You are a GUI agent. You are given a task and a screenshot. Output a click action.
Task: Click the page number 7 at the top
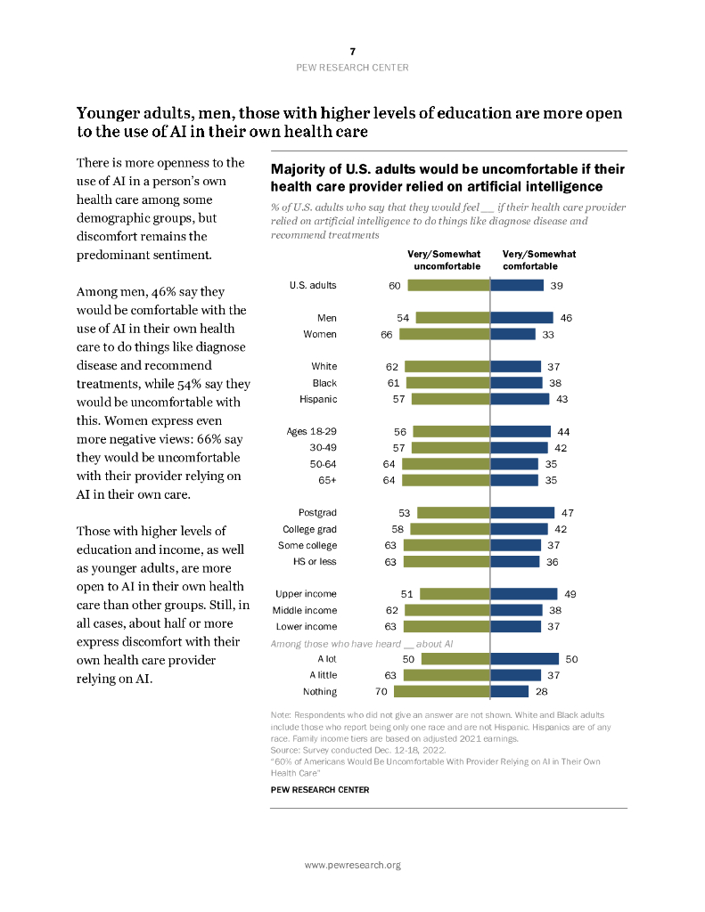(x=352, y=53)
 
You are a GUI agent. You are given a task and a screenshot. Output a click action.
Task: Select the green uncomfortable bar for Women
(x=444, y=334)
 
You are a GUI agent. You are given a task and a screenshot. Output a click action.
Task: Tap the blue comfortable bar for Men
(x=521, y=317)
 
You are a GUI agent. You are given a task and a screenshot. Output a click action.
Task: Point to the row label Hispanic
(x=318, y=399)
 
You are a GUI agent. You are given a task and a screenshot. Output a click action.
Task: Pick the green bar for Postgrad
(x=454, y=513)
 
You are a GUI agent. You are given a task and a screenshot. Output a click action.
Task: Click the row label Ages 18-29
(x=311, y=432)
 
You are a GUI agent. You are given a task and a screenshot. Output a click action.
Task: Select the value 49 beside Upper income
(x=570, y=594)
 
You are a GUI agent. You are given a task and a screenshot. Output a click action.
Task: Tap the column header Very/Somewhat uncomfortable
(x=444, y=260)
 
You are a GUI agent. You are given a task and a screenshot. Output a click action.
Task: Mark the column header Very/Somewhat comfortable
(x=539, y=260)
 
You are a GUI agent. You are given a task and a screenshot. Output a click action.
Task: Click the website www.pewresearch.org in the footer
(x=352, y=865)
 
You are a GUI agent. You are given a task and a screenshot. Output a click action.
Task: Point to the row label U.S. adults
(x=313, y=285)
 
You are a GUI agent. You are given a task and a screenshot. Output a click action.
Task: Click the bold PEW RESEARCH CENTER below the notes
(x=319, y=790)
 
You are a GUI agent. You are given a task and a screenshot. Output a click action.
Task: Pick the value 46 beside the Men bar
(x=564, y=317)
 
